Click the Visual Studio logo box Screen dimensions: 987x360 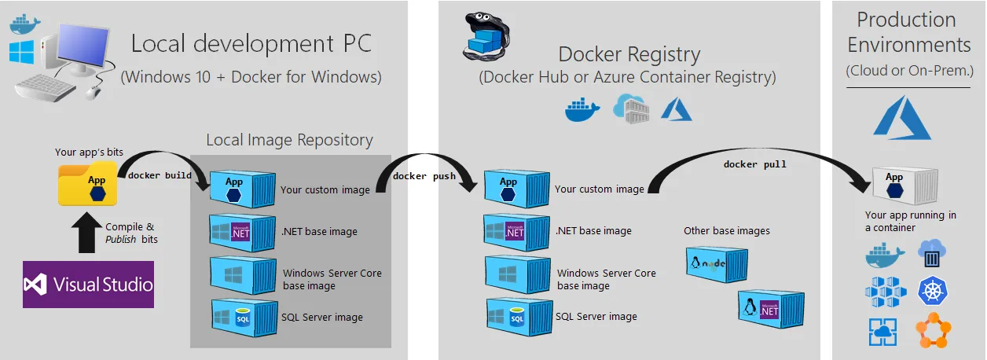click(88, 285)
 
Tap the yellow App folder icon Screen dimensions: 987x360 click(88, 184)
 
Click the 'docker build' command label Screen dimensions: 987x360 click(160, 175)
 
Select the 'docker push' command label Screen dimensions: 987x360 click(424, 176)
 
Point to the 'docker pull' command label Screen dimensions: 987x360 click(755, 164)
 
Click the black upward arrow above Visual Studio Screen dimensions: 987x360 click(86, 233)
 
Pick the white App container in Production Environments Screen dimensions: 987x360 click(905, 186)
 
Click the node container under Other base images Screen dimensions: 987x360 click(717, 264)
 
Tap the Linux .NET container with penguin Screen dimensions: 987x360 click(771, 308)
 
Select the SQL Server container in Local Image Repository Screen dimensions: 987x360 click(244, 318)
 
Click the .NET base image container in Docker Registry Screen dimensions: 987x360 click(516, 232)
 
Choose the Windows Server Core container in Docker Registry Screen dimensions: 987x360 click(518, 275)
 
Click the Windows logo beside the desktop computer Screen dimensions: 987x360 click(21, 52)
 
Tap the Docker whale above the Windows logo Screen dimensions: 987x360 click(24, 24)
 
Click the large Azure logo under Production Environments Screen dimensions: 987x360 click(902, 118)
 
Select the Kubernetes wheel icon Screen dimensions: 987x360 click(932, 291)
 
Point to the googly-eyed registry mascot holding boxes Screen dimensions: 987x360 click(486, 37)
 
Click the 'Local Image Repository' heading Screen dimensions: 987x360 click(289, 140)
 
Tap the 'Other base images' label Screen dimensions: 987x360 click(727, 230)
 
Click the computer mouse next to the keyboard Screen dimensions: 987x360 click(93, 93)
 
